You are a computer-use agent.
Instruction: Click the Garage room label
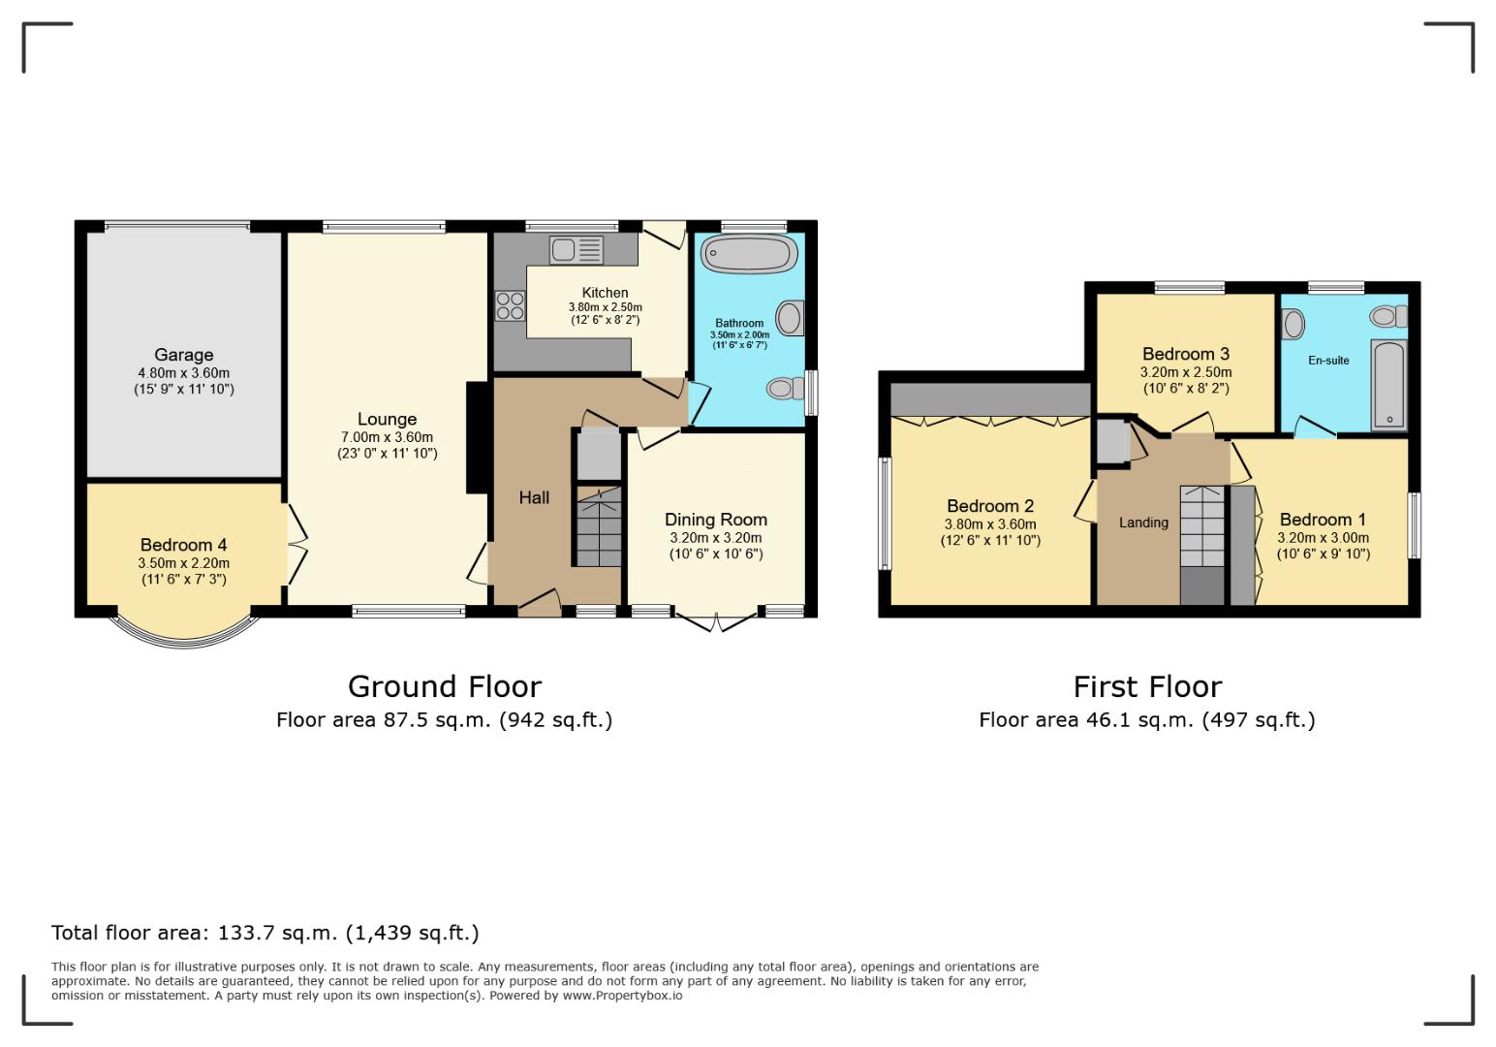coord(183,355)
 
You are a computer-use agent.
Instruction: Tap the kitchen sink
coord(576,250)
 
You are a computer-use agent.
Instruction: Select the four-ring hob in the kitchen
coord(510,305)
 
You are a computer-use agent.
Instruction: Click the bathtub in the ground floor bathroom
coord(749,254)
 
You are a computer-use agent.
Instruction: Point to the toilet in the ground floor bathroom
coord(786,389)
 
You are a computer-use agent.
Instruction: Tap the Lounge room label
coord(387,419)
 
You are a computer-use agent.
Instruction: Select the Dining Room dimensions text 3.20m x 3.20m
coord(715,538)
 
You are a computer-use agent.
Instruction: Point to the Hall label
coord(534,497)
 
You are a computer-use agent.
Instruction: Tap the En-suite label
coord(1328,361)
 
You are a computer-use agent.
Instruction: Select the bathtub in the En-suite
coord(1389,385)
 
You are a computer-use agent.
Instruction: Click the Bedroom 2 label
coord(990,506)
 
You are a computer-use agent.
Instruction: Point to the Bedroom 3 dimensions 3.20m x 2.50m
coord(1185,372)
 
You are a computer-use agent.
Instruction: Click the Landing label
coord(1143,523)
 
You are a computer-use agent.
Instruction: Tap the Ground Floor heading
coord(444,686)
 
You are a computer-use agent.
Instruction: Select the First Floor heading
coord(1147,686)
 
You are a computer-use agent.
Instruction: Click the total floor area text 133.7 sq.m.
coord(265,933)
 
